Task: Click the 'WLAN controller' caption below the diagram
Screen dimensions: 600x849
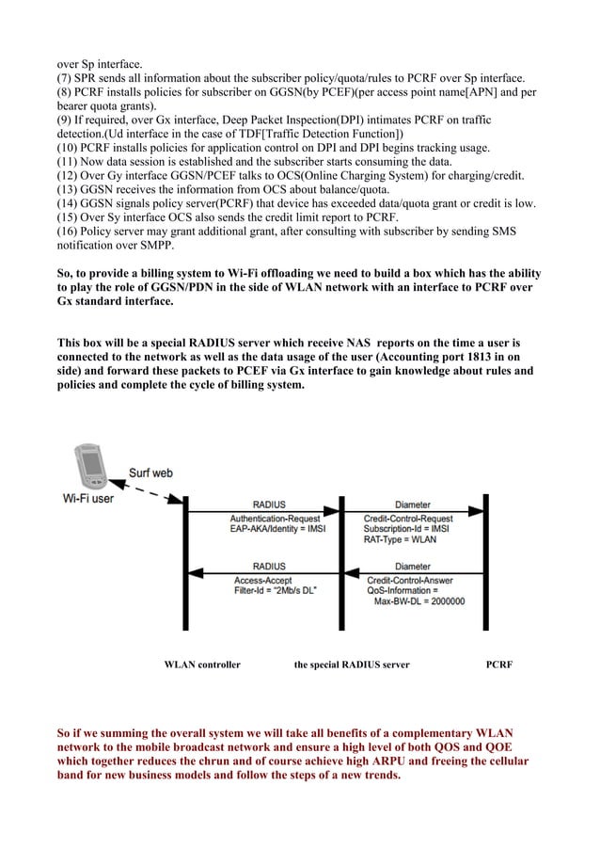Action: point(202,665)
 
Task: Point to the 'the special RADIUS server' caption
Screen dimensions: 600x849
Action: point(352,665)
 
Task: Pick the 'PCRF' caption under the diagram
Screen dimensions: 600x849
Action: point(499,665)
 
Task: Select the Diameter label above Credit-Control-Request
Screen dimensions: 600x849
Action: point(412,505)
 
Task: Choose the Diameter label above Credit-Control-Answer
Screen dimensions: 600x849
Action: point(412,567)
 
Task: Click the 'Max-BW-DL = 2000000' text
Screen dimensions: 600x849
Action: point(419,601)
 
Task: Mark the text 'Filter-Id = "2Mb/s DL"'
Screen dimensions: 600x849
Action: point(276,590)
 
